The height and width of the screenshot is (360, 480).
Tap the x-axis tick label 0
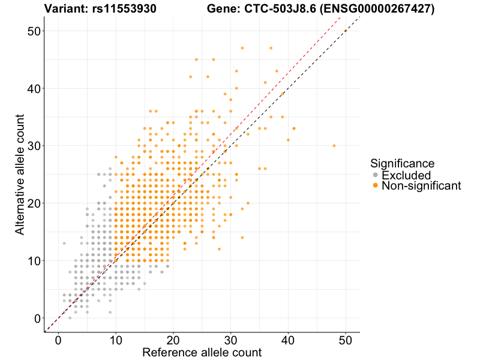click(58, 340)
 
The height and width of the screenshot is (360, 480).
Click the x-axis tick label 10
click(116, 340)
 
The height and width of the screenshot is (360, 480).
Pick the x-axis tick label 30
click(231, 340)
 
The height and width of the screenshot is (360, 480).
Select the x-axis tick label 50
click(346, 340)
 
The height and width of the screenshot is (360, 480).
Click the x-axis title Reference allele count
click(202, 352)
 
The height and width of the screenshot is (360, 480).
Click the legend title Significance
click(402, 163)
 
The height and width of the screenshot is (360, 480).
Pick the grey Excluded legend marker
click(376, 175)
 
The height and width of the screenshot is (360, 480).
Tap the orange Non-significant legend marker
click(376, 186)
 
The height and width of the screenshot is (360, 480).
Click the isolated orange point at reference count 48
click(334, 146)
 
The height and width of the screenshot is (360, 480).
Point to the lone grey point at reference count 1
click(64, 243)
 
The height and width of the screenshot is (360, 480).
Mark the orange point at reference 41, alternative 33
click(294, 128)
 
